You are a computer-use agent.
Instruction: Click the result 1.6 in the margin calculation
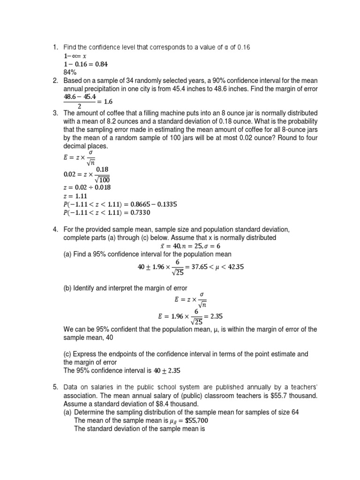click(108, 101)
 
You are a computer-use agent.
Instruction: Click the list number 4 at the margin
click(55, 230)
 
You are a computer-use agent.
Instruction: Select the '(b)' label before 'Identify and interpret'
click(69, 288)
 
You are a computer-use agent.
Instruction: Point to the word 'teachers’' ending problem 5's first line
click(304, 387)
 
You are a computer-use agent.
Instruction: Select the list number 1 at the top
click(55, 47)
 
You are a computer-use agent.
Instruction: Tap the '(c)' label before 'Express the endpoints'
click(69, 353)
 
